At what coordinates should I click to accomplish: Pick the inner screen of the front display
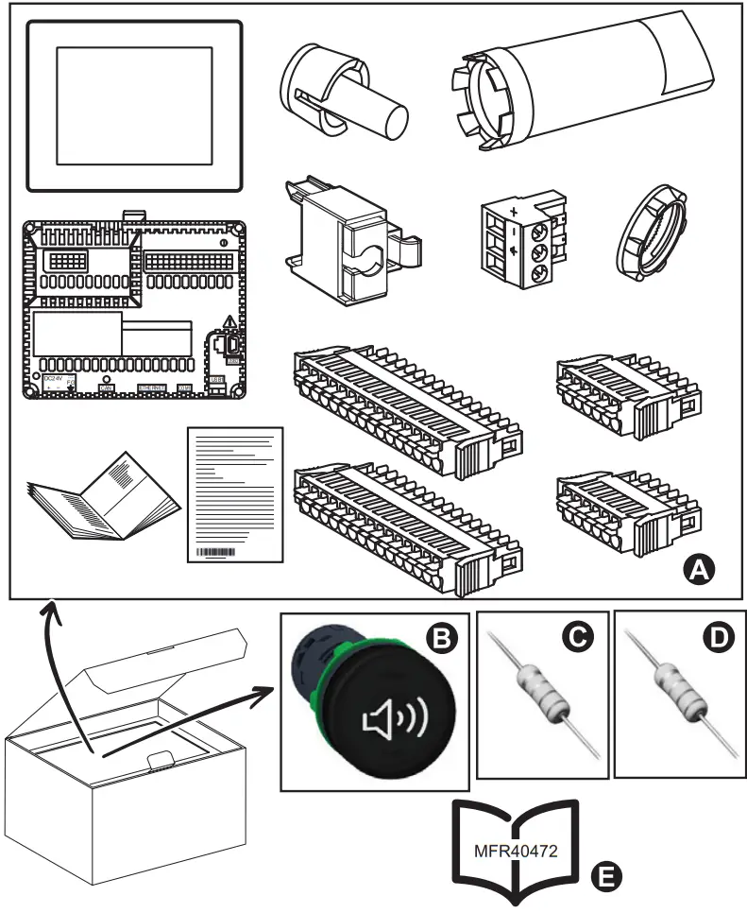click(x=133, y=106)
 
